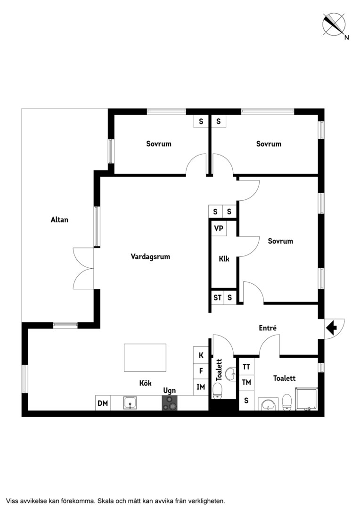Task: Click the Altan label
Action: pyautogui.click(x=59, y=220)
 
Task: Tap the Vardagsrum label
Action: pyautogui.click(x=150, y=257)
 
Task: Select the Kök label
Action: pyautogui.click(x=146, y=383)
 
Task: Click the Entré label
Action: pyautogui.click(x=268, y=328)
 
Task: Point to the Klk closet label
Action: pyautogui.click(x=224, y=259)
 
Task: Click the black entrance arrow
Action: pyautogui.click(x=331, y=328)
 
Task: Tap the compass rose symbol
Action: pyautogui.click(x=334, y=24)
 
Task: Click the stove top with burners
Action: pyautogui.click(x=170, y=403)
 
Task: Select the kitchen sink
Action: pyautogui.click(x=130, y=403)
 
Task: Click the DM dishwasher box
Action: pyautogui.click(x=103, y=403)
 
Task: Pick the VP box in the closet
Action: pyautogui.click(x=219, y=229)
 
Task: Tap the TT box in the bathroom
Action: pyautogui.click(x=246, y=367)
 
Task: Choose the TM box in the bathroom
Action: pyautogui.click(x=246, y=382)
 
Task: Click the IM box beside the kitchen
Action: pyautogui.click(x=201, y=387)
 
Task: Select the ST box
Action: pyautogui.click(x=217, y=297)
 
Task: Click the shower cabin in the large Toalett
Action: pyautogui.click(x=306, y=399)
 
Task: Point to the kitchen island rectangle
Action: pyautogui.click(x=145, y=358)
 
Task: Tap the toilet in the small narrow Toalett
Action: pyautogui.click(x=217, y=391)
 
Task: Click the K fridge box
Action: pyautogui.click(x=201, y=355)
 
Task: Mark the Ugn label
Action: pyautogui.click(x=170, y=391)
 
